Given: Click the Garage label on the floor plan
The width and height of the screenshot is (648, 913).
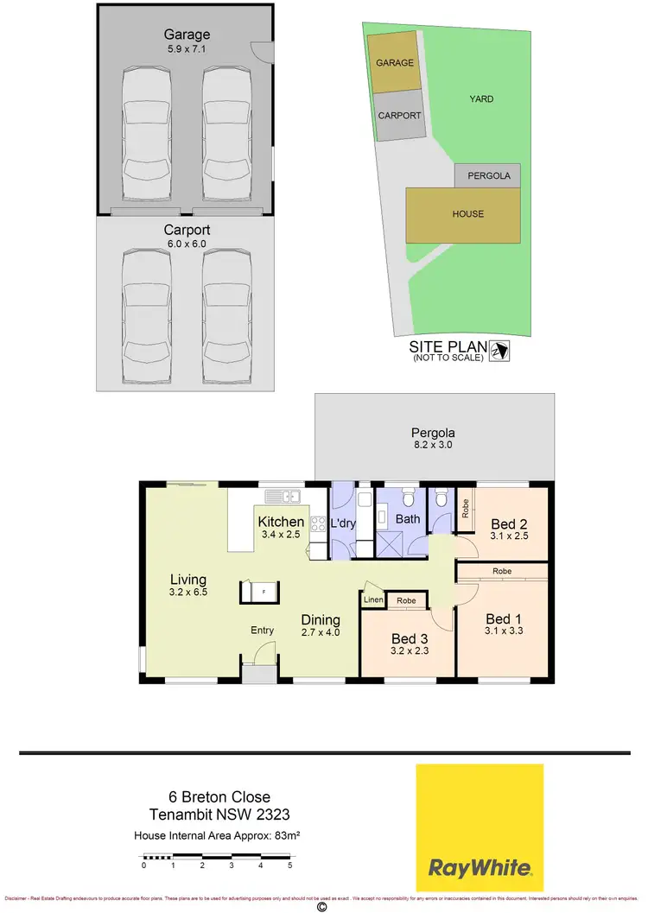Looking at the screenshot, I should coord(187,35).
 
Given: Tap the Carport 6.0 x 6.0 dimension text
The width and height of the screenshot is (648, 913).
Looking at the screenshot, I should coord(187,244).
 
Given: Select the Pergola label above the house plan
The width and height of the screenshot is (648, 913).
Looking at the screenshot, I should coord(433,433).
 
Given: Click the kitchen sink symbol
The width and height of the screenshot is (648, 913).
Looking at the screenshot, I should coord(283,496).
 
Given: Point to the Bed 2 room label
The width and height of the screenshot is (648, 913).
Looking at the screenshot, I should coord(509,523).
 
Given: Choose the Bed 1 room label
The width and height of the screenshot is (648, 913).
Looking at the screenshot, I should coord(504,618).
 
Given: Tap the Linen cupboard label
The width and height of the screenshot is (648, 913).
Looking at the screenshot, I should coord(373,600).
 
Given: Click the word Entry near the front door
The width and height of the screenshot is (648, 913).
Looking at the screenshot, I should coord(263,631).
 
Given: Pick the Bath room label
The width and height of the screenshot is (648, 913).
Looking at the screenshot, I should coord(407,519).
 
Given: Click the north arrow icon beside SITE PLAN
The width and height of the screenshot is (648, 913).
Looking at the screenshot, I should coord(499,350).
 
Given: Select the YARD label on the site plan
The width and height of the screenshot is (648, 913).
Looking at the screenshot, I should coord(481,99).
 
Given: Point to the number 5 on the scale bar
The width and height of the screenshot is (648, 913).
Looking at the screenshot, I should coord(290,865).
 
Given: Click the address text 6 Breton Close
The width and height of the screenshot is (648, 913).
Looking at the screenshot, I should coord(219,796).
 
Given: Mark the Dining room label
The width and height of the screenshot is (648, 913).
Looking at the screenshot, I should coord(321,619).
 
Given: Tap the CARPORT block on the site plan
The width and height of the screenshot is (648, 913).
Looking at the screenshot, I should coord(400,116).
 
